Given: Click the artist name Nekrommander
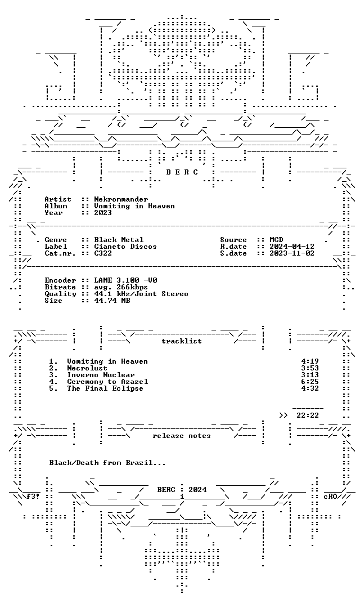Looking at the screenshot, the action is [121, 199].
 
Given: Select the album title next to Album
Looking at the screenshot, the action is [134, 206].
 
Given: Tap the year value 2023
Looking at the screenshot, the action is [103, 212].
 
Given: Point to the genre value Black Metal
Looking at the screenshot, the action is [119, 240].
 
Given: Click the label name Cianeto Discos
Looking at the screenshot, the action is [125, 247].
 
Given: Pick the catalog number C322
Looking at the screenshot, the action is [103, 253].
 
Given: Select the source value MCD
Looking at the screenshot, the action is [276, 240].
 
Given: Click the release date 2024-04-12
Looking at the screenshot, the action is [292, 247].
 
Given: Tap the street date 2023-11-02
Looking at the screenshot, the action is [292, 253].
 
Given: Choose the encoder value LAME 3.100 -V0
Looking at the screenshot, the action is [125, 280].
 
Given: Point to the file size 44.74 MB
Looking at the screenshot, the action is [112, 301].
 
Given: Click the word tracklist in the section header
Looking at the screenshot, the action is [182, 341].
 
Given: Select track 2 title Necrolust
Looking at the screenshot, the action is [87, 368].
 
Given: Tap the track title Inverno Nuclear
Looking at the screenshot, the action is [101, 375].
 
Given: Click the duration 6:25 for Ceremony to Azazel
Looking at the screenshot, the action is [310, 382].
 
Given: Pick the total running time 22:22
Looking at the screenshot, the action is [308, 415].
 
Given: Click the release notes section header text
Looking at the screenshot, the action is [182, 436].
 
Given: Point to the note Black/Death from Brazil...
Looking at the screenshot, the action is [107, 463].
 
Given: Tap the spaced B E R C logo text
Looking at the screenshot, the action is [182, 172].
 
